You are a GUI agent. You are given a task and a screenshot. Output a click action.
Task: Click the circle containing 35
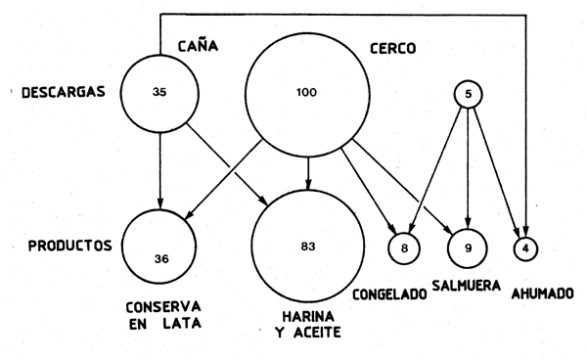[159, 92]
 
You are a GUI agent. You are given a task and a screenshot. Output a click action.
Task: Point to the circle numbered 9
[468, 247]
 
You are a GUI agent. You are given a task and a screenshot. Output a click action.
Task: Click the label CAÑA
[197, 46]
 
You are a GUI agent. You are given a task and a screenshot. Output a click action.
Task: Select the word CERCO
[391, 47]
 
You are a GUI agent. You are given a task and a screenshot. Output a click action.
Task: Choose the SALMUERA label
[465, 286]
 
